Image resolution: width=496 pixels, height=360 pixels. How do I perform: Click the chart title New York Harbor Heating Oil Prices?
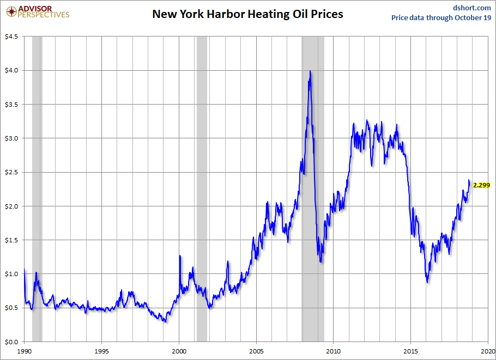pyautogui.click(x=247, y=14)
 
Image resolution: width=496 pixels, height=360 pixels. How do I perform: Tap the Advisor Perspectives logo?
pyautogui.click(x=38, y=11)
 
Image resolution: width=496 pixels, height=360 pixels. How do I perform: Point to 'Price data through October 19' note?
pyautogui.click(x=441, y=17)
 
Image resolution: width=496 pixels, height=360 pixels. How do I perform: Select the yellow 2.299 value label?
pyautogui.click(x=481, y=185)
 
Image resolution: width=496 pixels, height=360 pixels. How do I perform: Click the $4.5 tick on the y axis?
pyautogui.click(x=11, y=36)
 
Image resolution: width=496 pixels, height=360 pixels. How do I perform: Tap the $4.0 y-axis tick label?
pyautogui.click(x=11, y=70)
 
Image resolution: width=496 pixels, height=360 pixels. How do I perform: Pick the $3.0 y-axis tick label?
pyautogui.click(x=11, y=138)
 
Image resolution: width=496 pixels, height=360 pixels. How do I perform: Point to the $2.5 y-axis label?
pyautogui.click(x=11, y=172)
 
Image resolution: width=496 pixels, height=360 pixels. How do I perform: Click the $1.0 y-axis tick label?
pyautogui.click(x=11, y=274)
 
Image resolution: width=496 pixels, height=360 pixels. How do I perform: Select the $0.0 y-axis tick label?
pyautogui.click(x=11, y=342)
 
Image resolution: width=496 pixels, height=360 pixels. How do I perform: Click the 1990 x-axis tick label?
pyautogui.click(x=25, y=351)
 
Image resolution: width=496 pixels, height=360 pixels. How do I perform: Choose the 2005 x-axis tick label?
pyautogui.click(x=257, y=351)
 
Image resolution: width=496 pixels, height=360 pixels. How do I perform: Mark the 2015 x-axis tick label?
pyautogui.click(x=412, y=351)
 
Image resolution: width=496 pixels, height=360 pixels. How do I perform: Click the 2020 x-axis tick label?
pyautogui.click(x=488, y=351)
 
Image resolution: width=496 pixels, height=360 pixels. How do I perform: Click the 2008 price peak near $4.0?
pyautogui.click(x=310, y=71)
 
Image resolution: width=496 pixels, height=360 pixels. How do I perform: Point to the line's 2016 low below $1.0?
pyautogui.click(x=427, y=282)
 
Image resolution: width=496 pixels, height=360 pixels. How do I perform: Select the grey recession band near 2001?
pyautogui.click(x=202, y=191)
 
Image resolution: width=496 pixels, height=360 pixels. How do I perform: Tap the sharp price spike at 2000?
pyautogui.click(x=180, y=255)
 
